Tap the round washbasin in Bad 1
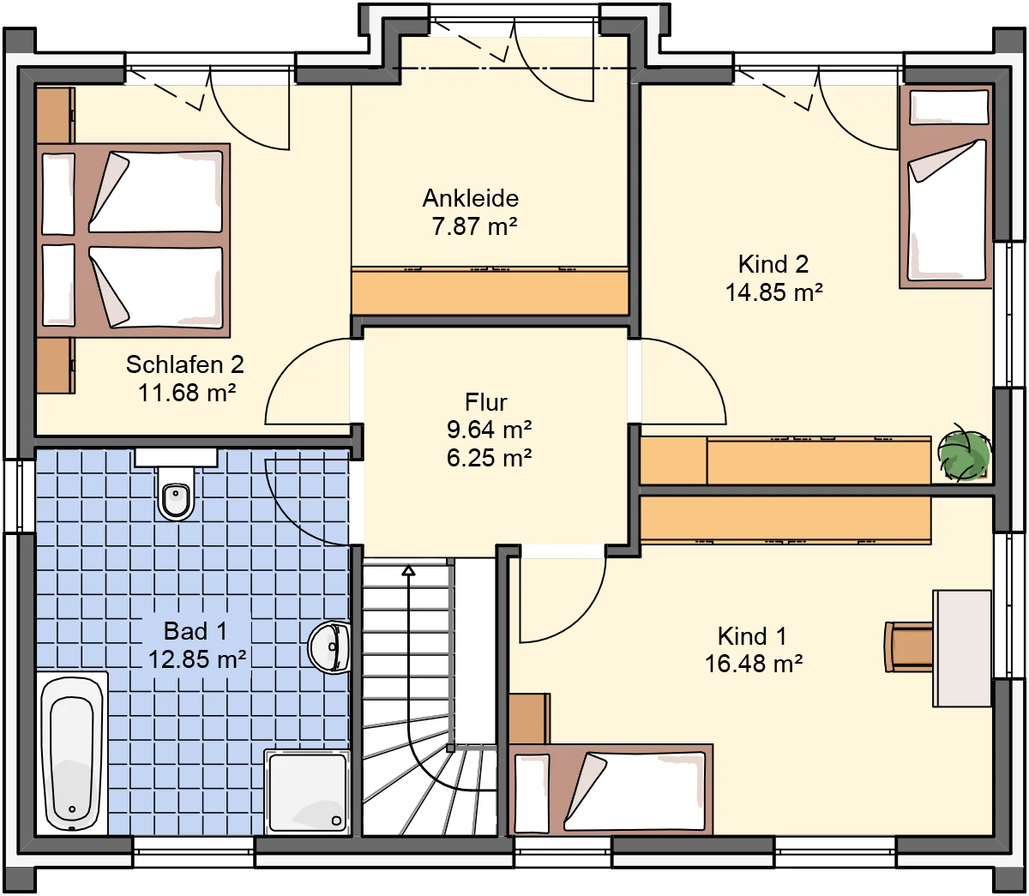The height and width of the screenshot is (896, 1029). click(329, 646)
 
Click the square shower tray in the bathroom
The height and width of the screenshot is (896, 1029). click(307, 792)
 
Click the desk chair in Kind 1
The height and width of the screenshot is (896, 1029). click(908, 646)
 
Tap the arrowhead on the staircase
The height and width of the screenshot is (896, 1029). click(408, 570)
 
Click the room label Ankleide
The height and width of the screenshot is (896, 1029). click(470, 198)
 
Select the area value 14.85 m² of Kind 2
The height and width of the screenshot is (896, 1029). click(773, 292)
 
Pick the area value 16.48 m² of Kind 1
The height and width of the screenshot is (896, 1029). click(754, 664)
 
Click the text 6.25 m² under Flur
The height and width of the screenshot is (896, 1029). click(490, 458)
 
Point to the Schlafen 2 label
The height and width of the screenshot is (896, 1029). click(185, 364)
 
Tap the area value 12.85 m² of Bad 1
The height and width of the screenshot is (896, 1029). click(197, 659)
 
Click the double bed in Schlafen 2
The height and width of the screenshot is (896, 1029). click(133, 240)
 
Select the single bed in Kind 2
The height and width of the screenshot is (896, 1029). click(946, 188)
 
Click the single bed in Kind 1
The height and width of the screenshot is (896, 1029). click(611, 790)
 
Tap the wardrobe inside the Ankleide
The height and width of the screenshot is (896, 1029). click(490, 292)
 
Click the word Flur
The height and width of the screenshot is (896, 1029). click(486, 402)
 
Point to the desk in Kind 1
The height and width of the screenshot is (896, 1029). click(962, 648)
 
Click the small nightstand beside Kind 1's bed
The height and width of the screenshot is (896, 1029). click(529, 719)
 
